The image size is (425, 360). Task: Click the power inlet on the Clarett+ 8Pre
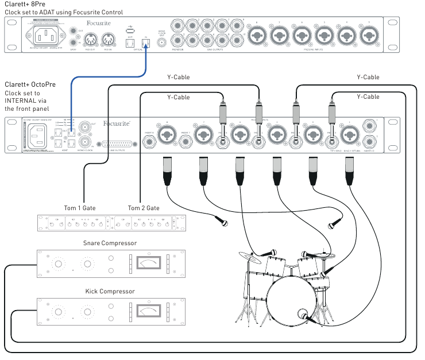click(x=45, y=37)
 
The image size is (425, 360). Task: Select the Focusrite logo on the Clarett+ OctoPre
click(x=117, y=123)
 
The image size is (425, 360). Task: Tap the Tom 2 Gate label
click(x=144, y=207)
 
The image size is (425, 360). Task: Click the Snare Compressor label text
click(x=109, y=243)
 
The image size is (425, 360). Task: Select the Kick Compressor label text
click(x=109, y=291)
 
